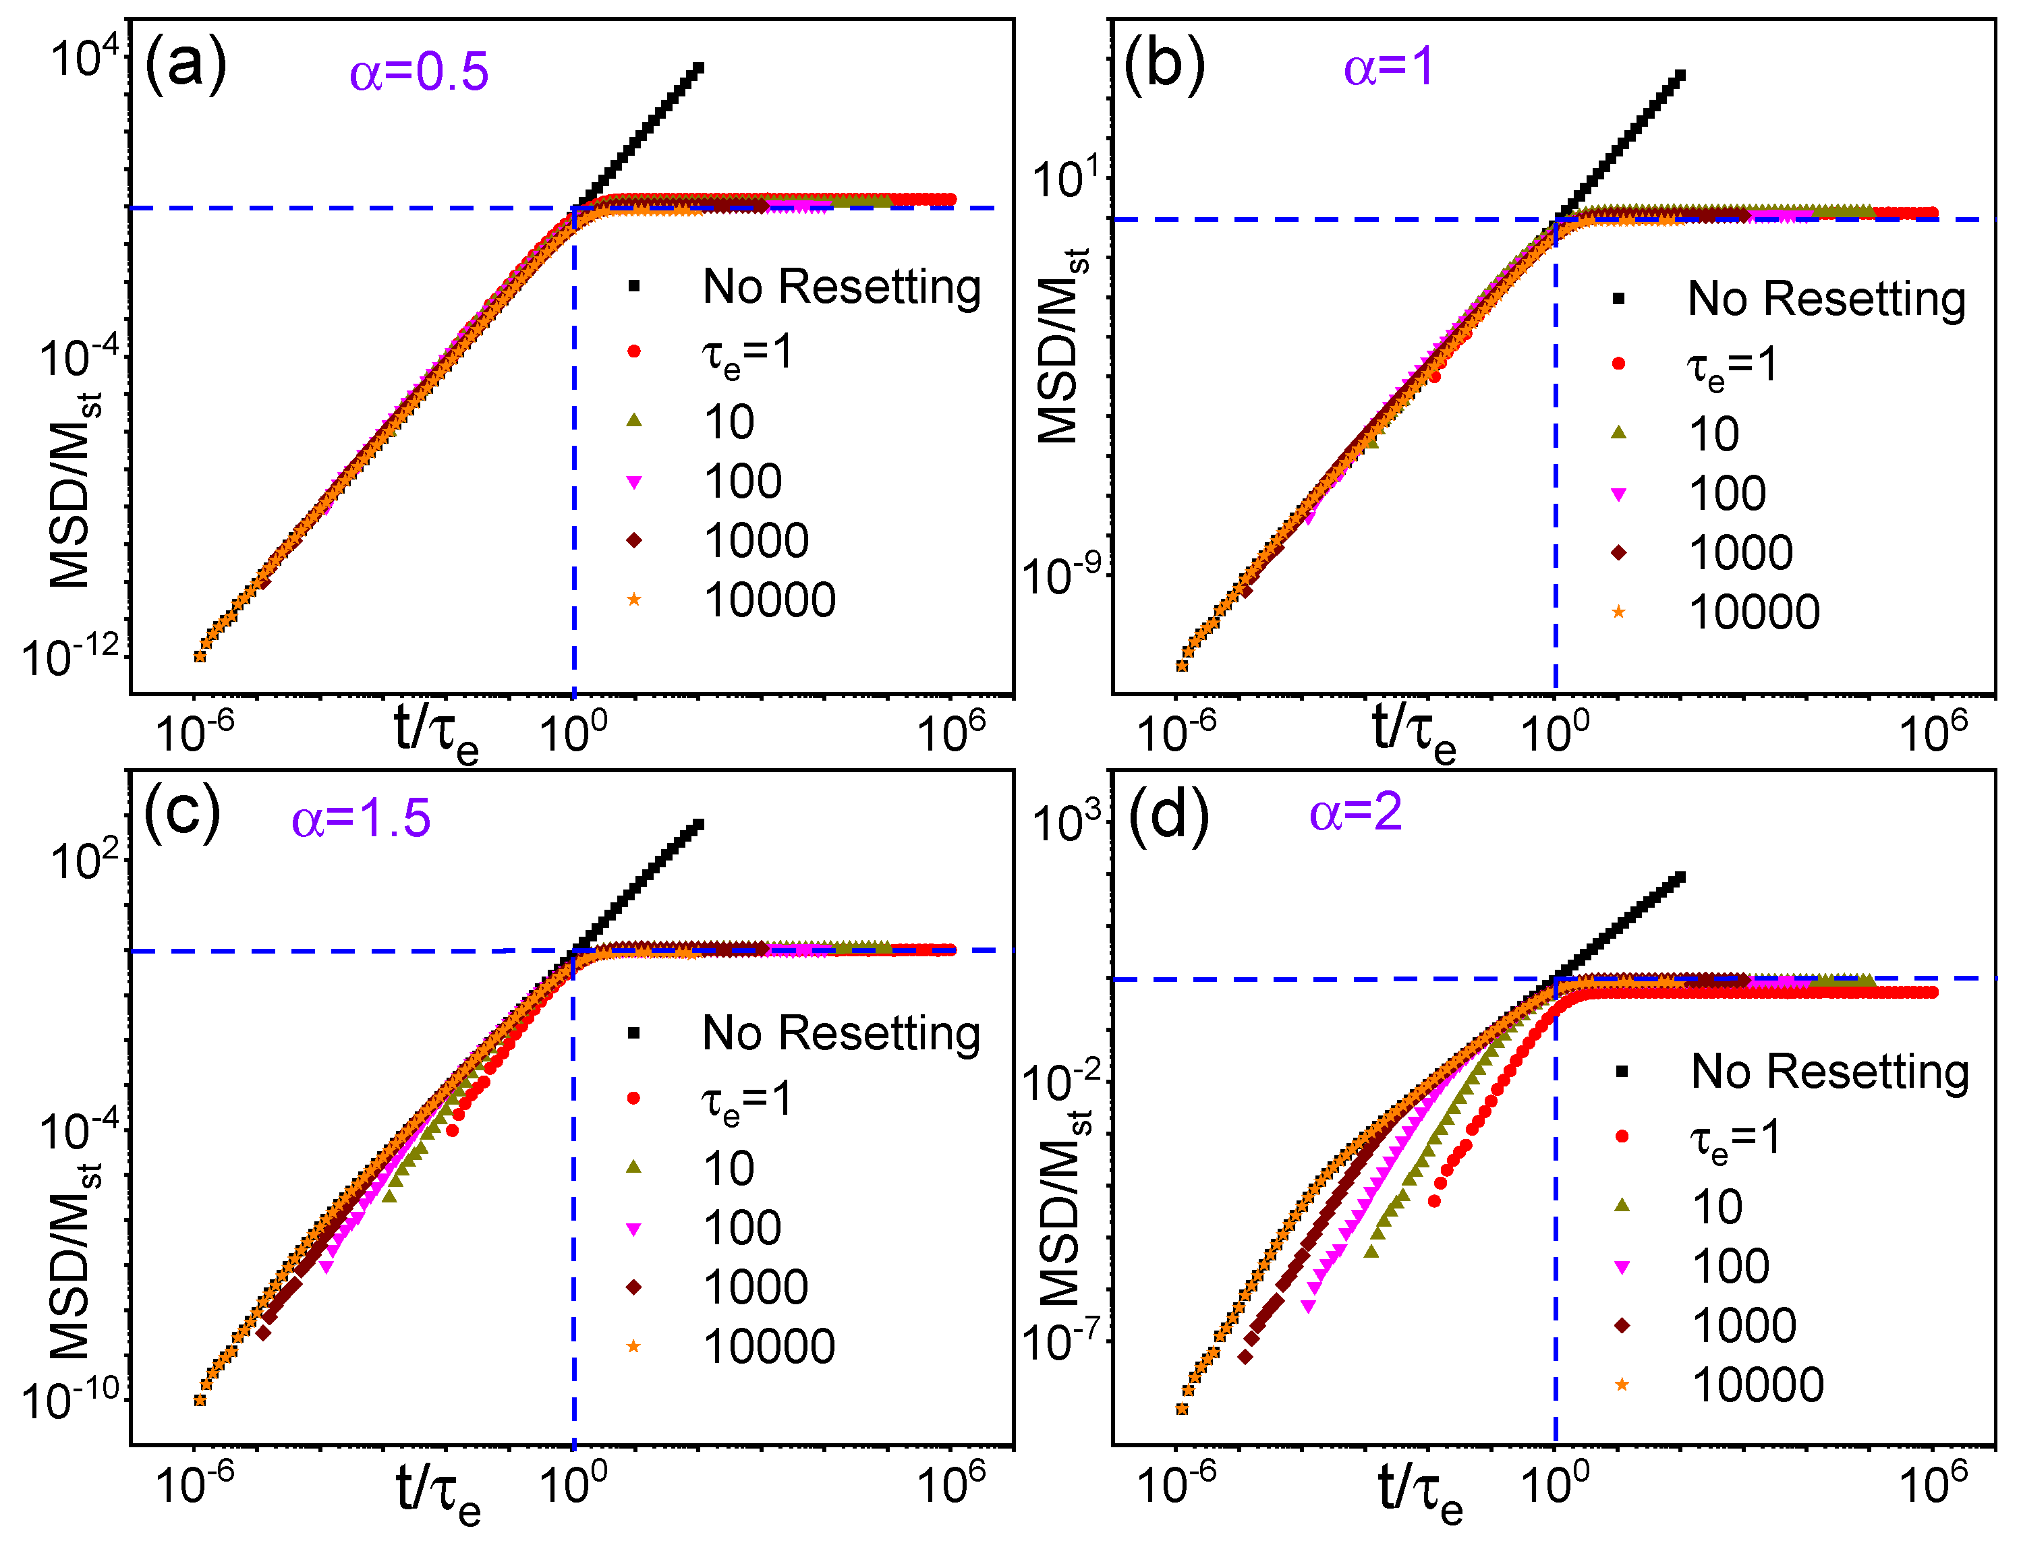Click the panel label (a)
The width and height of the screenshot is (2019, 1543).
click(186, 64)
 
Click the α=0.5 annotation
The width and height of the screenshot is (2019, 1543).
click(419, 73)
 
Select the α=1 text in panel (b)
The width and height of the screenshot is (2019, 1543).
click(1388, 68)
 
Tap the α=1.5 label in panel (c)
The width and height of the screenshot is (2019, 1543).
click(361, 818)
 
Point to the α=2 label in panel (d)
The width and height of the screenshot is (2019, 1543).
click(1356, 813)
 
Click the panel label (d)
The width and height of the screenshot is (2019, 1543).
click(1168, 815)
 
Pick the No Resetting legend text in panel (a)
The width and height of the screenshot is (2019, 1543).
click(841, 287)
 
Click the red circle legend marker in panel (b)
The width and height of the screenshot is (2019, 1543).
click(1618, 363)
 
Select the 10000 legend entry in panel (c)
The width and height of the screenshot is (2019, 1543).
click(770, 1347)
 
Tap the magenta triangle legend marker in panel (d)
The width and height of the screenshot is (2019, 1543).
click(1622, 1267)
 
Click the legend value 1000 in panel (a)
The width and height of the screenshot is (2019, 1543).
click(756, 541)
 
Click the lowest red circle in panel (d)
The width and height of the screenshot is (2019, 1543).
click(1434, 1201)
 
